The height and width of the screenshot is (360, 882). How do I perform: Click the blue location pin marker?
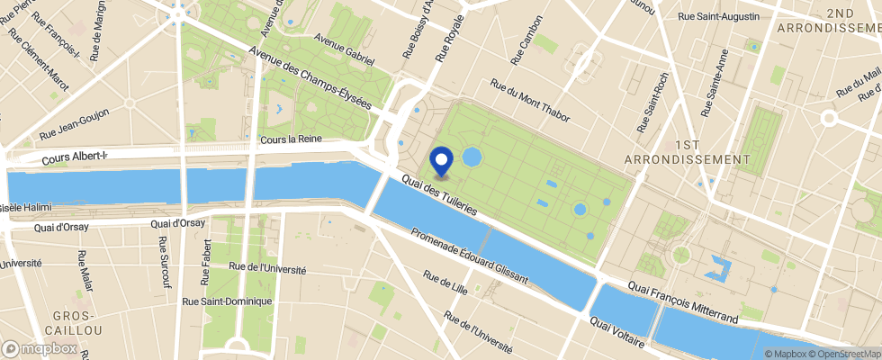click(x=442, y=160)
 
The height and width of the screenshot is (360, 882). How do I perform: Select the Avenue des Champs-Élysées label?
click(x=310, y=78)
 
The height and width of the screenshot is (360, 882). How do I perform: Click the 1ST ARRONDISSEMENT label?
click(x=687, y=151)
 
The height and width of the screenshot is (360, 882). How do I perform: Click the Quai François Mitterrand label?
click(x=681, y=304)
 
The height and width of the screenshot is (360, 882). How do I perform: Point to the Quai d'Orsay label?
click(x=178, y=223)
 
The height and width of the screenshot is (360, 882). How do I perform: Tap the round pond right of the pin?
click(x=472, y=158)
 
